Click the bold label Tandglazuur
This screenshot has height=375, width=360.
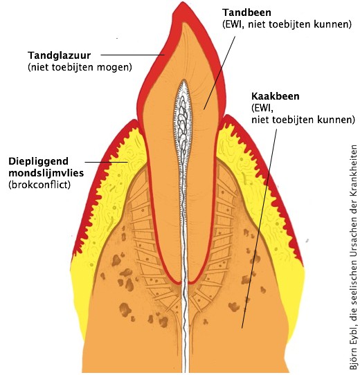coord(60,56)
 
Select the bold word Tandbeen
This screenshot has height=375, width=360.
coord(246,12)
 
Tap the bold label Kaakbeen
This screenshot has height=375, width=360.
coord(276,96)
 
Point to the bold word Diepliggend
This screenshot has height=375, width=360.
coord(39,162)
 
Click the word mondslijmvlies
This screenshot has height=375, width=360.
coord(46,173)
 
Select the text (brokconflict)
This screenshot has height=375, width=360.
coord(39,185)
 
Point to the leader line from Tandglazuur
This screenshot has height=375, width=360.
coord(133,55)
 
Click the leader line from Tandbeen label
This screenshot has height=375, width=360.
coord(219,73)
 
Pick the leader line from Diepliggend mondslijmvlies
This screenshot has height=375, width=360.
coord(107,162)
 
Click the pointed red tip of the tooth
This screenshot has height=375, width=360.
coord(183,4)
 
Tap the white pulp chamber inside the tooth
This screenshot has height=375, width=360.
coord(183,120)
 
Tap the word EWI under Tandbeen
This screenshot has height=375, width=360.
coord(233,25)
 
